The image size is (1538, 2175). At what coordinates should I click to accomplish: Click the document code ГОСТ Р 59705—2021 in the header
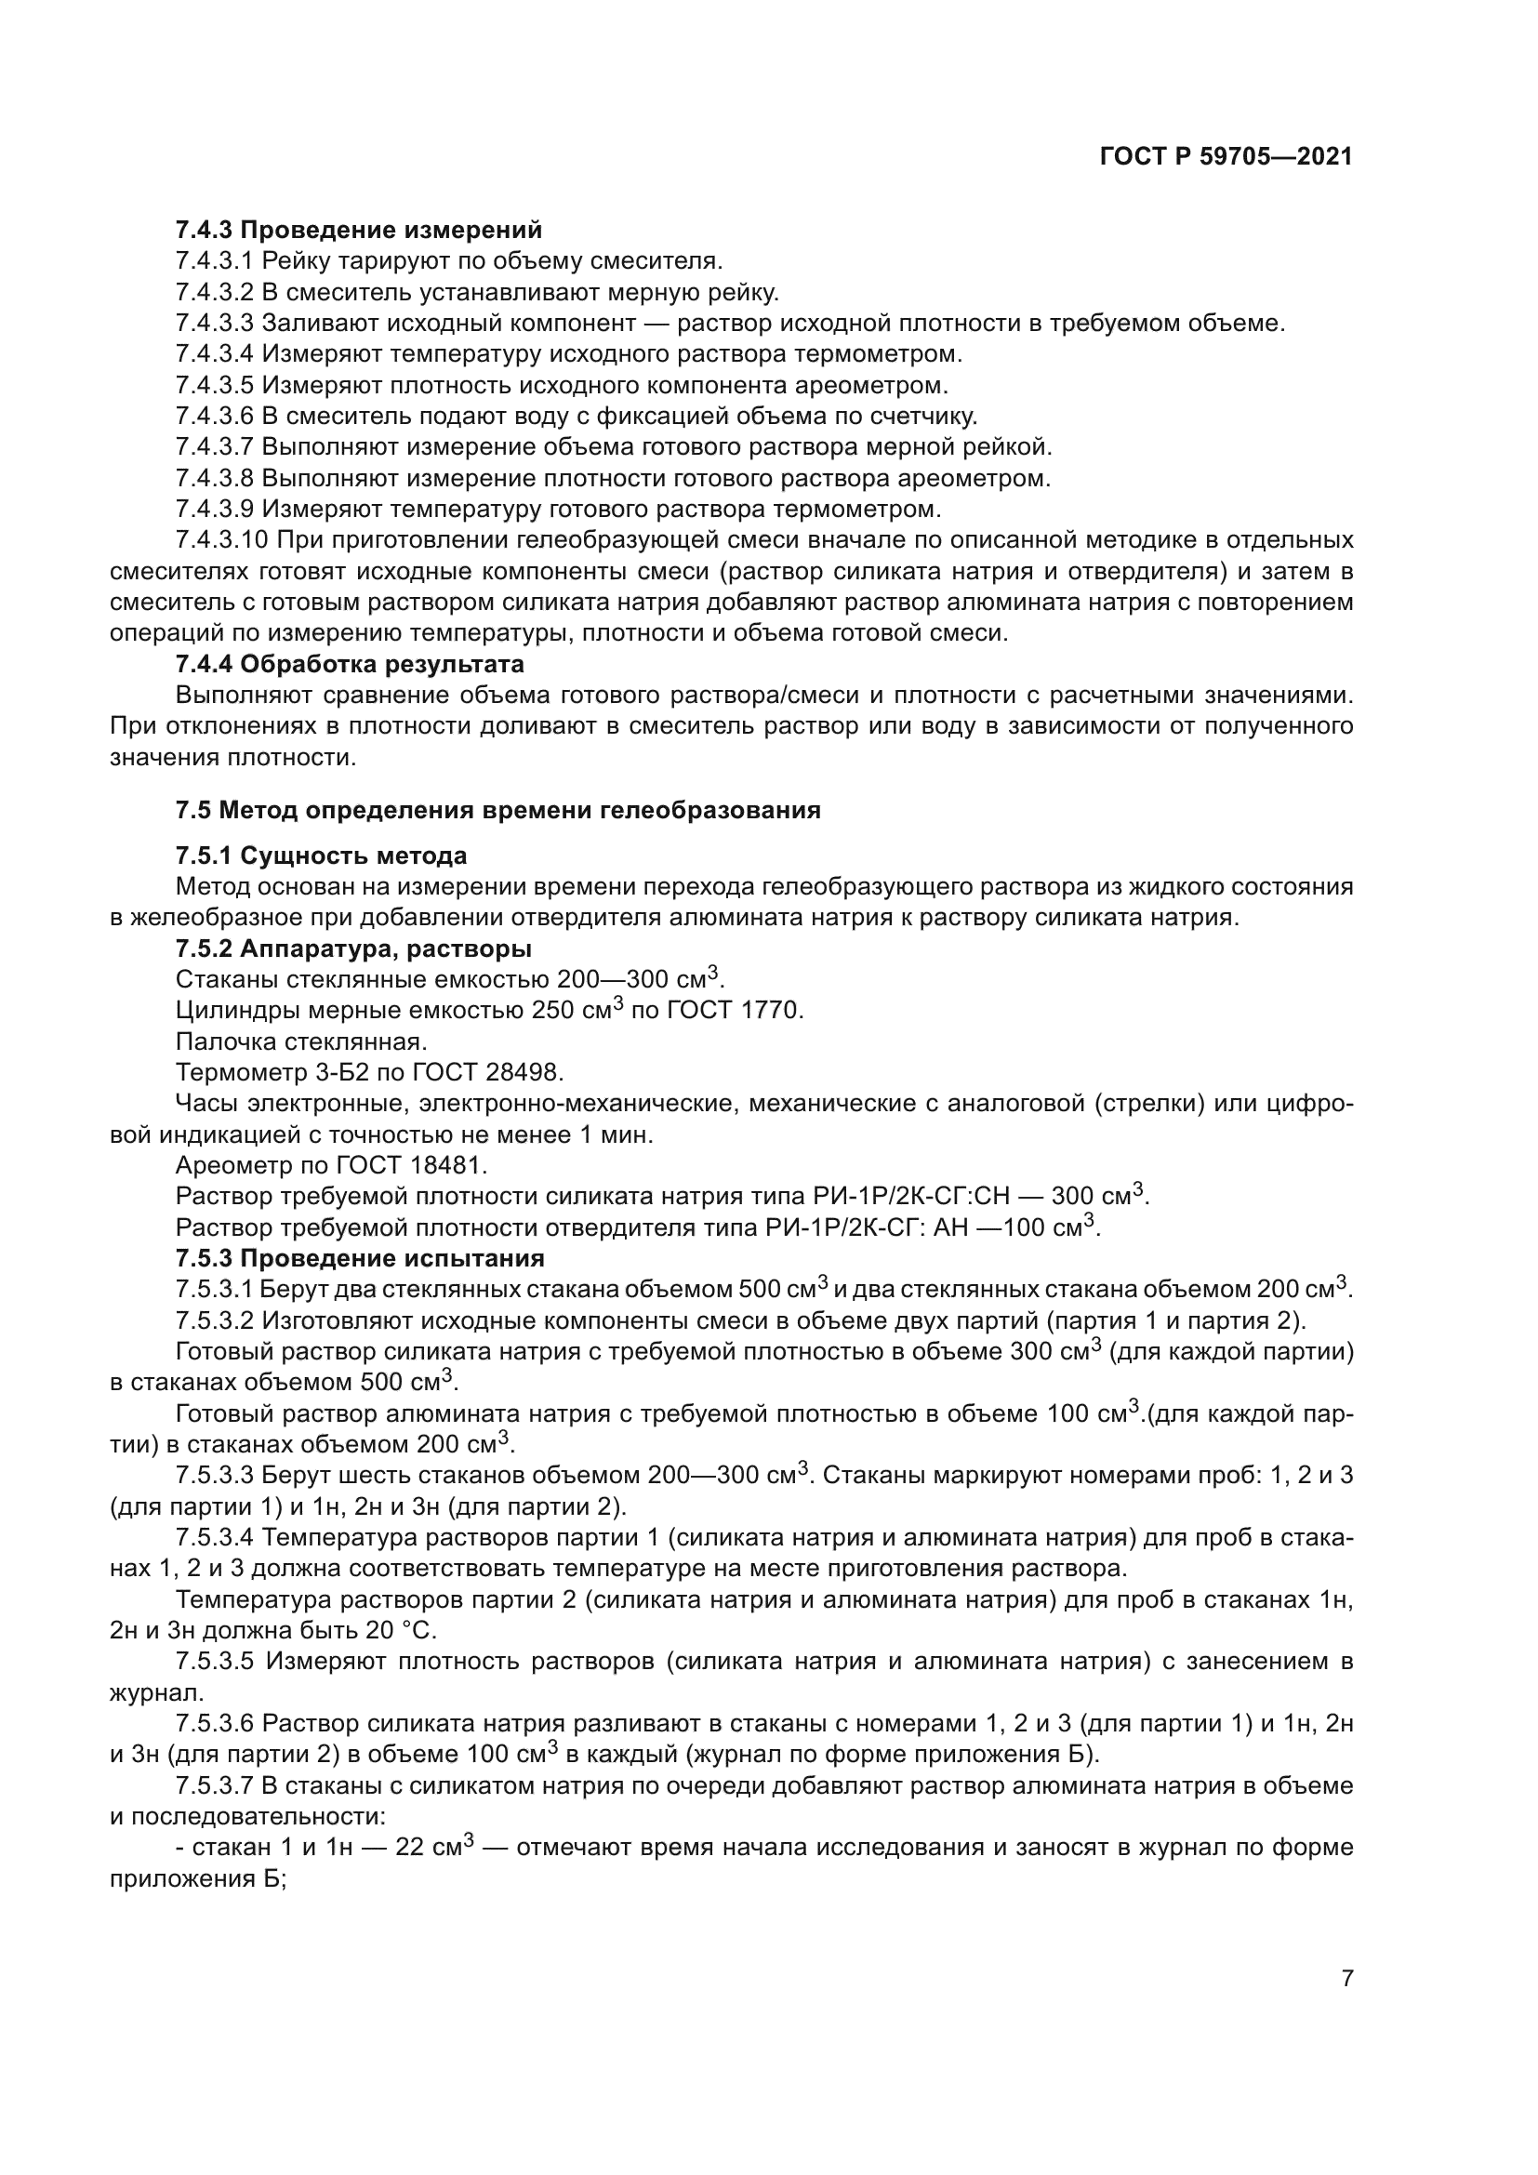pos(1226,157)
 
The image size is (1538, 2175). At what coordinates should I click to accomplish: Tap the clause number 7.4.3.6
pos(215,416)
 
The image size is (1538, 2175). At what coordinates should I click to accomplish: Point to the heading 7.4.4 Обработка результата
pos(350,664)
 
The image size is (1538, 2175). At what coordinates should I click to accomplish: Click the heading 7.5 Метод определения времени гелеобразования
pos(497,811)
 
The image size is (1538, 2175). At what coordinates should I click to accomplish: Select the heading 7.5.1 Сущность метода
pos(321,856)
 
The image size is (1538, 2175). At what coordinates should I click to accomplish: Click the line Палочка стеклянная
pos(301,1042)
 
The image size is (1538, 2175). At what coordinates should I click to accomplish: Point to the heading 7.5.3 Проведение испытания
pos(360,1259)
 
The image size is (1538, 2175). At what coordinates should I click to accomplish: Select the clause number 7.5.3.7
pos(215,1786)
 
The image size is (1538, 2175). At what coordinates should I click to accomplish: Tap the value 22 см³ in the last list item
pos(432,1849)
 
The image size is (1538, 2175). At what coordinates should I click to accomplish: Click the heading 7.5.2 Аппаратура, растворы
pos(353,949)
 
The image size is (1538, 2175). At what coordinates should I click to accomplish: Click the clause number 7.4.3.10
pos(221,541)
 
